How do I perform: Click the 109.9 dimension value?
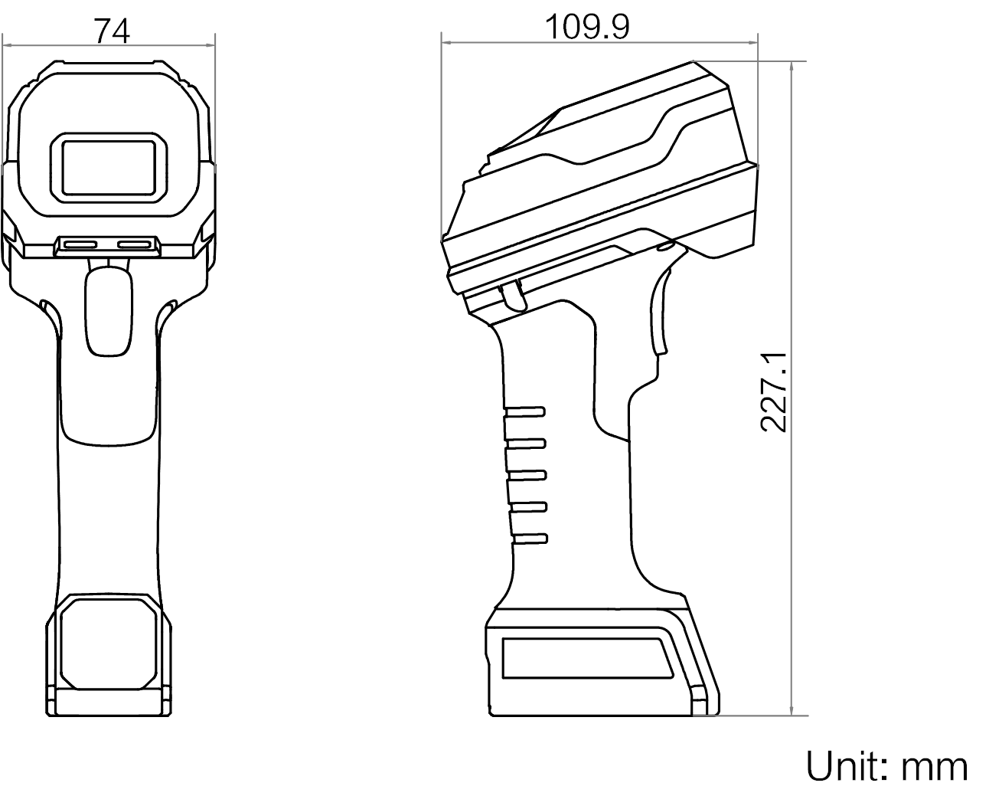point(587,28)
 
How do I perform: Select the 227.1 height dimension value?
point(774,392)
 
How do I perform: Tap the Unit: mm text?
point(886,767)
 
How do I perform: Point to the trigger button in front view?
point(109,311)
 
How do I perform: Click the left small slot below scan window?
point(80,244)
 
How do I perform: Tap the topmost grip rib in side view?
point(525,412)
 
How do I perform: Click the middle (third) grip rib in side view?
point(527,475)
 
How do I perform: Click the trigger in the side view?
point(514,296)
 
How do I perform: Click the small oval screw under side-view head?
point(664,246)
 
